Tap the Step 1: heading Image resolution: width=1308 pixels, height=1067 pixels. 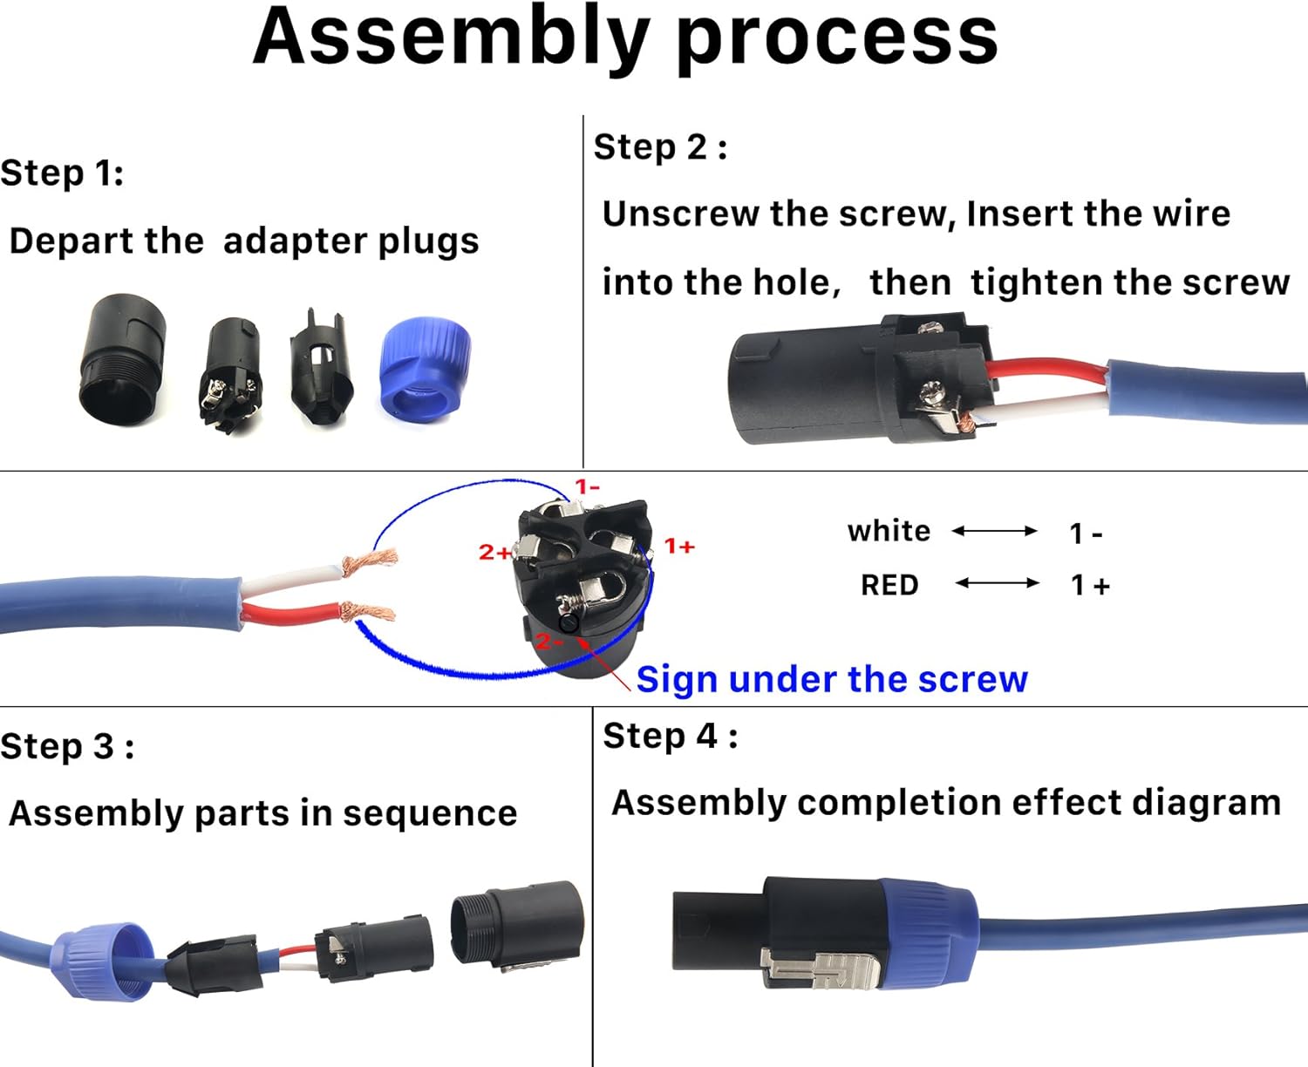(x=62, y=173)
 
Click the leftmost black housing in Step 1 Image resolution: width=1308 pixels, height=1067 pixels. (x=123, y=359)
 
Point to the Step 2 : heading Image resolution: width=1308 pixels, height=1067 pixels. (x=660, y=146)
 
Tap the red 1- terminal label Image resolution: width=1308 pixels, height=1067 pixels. (x=587, y=486)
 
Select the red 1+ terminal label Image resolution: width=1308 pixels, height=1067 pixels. (x=679, y=547)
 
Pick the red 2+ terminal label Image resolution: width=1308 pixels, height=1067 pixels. (x=494, y=552)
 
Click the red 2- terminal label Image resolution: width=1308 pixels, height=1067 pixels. (x=548, y=642)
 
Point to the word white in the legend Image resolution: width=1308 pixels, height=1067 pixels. (x=889, y=531)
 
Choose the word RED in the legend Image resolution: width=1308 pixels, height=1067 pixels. (x=889, y=585)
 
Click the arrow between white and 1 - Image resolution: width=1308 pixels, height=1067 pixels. (x=995, y=531)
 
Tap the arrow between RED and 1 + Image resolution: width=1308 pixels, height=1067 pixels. (x=997, y=583)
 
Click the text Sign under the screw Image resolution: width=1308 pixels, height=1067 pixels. (x=832, y=679)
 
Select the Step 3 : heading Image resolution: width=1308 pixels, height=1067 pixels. (x=67, y=746)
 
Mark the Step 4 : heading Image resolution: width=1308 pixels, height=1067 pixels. (x=670, y=736)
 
